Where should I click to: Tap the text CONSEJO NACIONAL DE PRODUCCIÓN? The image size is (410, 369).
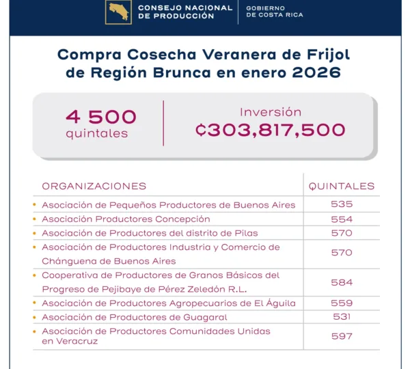click(x=176, y=12)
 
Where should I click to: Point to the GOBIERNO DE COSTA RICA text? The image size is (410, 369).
click(x=274, y=12)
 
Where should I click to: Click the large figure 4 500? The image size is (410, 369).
click(x=101, y=117)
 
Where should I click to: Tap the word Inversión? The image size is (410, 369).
click(x=271, y=112)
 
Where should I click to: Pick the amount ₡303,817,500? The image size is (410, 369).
click(x=271, y=130)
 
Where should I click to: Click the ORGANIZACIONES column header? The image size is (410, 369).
click(x=94, y=186)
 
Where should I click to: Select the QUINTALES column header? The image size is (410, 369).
click(x=342, y=186)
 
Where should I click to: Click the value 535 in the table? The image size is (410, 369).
click(x=342, y=204)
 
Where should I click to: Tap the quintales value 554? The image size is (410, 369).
click(x=342, y=219)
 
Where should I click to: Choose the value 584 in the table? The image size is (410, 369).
click(x=342, y=282)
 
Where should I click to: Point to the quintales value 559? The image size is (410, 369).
click(x=342, y=303)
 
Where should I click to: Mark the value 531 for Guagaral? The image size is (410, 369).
click(x=342, y=316)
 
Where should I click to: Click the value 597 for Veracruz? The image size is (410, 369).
click(x=342, y=336)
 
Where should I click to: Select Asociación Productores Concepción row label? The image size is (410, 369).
click(x=126, y=219)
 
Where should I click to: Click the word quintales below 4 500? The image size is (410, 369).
click(x=97, y=133)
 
